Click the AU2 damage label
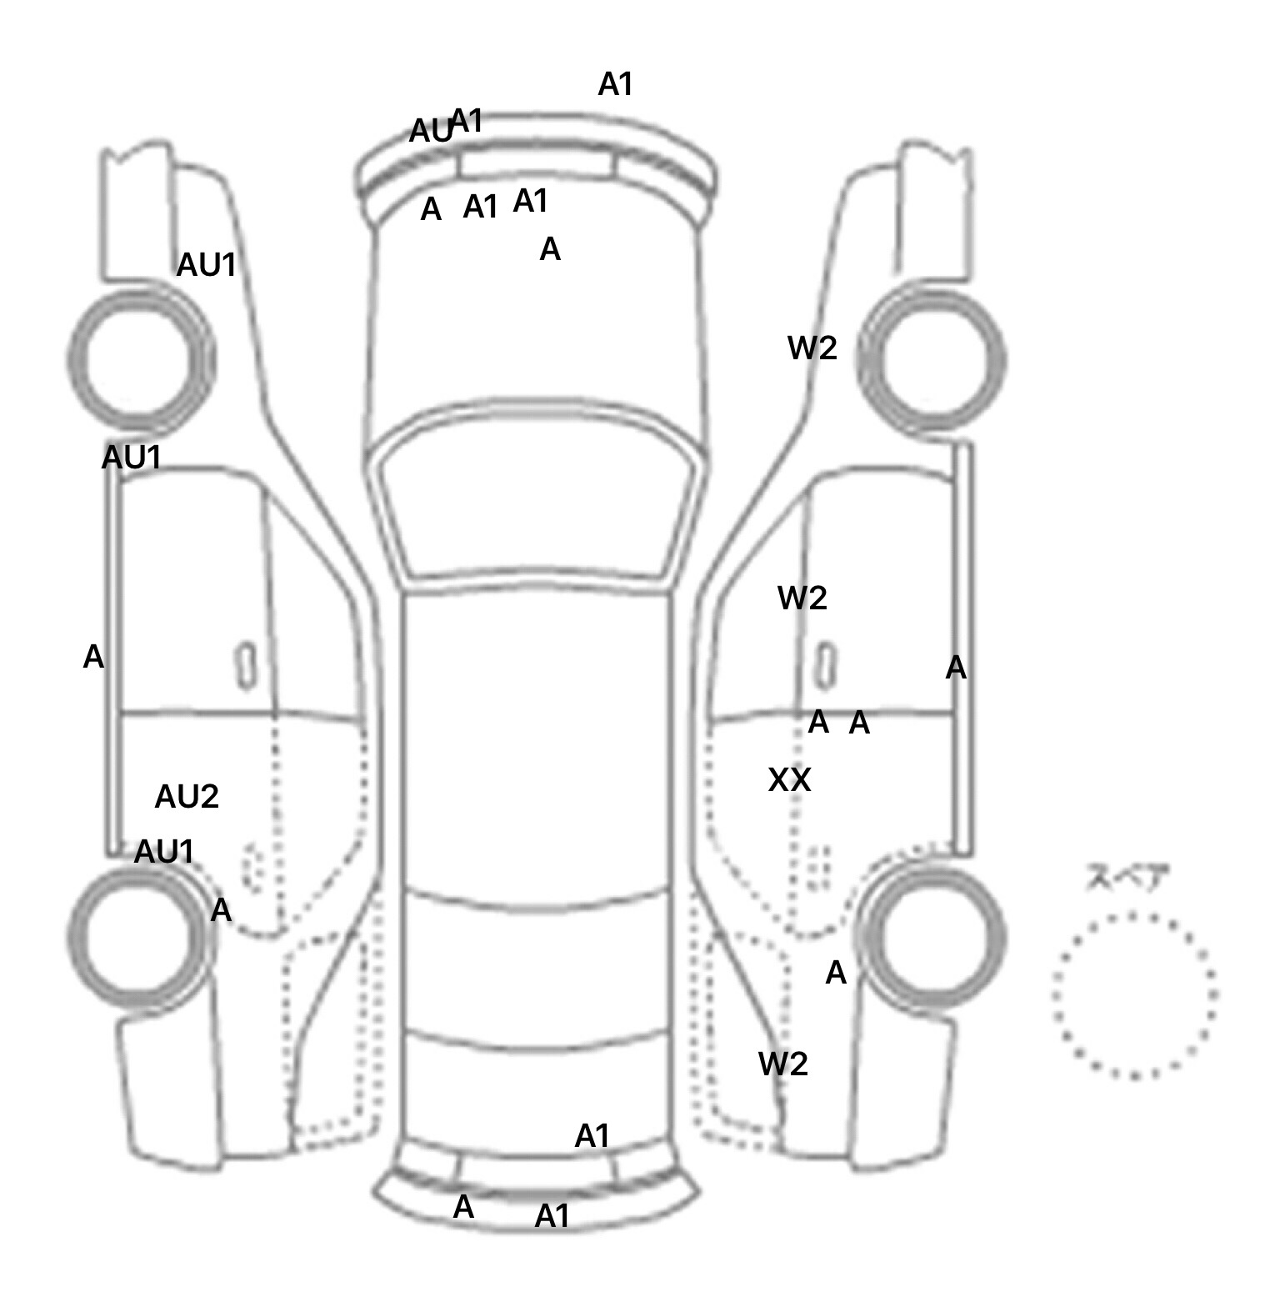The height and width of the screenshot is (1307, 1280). [x=187, y=798]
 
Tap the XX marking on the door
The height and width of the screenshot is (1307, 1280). [x=789, y=780]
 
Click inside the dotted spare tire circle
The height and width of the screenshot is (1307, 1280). [x=1134, y=995]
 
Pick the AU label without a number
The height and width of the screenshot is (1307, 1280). [x=430, y=132]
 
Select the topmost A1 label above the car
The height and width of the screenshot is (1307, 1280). [x=616, y=84]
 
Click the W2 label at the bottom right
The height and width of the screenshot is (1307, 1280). [x=783, y=1064]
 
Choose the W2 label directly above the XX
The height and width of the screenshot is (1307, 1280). [x=802, y=598]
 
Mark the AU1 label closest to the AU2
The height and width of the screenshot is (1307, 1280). [x=164, y=852]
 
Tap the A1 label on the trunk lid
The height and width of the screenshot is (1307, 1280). [x=592, y=1136]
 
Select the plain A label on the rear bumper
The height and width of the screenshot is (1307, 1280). [x=463, y=1207]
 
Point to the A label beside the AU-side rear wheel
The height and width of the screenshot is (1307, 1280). [x=221, y=910]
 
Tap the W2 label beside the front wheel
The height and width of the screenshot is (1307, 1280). [x=812, y=348]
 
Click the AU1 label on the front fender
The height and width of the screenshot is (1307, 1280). [x=207, y=266]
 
